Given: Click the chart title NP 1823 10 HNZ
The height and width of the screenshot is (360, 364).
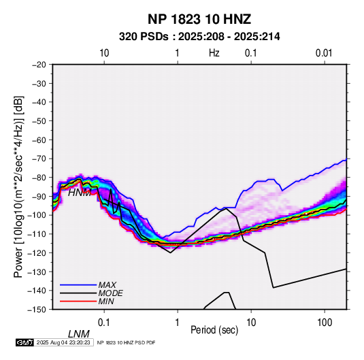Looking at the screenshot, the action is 199,19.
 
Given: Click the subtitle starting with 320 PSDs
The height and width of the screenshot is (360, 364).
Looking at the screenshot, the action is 199,37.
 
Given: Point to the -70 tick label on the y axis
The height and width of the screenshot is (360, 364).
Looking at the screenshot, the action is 39,159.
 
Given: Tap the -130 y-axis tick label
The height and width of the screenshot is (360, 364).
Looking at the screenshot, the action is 37,272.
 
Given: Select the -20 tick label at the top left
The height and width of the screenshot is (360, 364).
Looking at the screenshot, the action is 39,65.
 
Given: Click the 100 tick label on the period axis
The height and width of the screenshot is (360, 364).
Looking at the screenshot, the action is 325,323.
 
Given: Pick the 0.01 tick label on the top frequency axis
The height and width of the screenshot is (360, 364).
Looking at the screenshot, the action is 324,53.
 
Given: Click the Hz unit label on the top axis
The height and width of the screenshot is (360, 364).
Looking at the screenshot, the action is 214,53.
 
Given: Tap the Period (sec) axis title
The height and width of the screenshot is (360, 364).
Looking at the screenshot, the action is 214,330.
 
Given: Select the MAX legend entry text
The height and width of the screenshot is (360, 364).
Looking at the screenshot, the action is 107,284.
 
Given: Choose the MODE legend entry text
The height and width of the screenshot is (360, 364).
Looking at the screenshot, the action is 110,293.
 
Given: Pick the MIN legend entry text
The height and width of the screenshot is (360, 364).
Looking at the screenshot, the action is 106,301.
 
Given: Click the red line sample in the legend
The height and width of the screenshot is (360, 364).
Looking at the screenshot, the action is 78,301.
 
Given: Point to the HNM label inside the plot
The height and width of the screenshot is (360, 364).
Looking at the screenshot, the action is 80,193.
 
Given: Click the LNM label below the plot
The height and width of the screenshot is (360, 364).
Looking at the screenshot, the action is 78,334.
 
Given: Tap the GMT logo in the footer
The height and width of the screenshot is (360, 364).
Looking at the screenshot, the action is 24,342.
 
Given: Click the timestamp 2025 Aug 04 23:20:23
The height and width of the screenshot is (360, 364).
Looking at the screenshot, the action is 63,342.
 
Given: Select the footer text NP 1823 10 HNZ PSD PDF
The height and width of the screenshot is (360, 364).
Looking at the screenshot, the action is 126,342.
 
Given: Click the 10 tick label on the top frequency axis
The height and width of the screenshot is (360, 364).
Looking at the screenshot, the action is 104,53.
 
